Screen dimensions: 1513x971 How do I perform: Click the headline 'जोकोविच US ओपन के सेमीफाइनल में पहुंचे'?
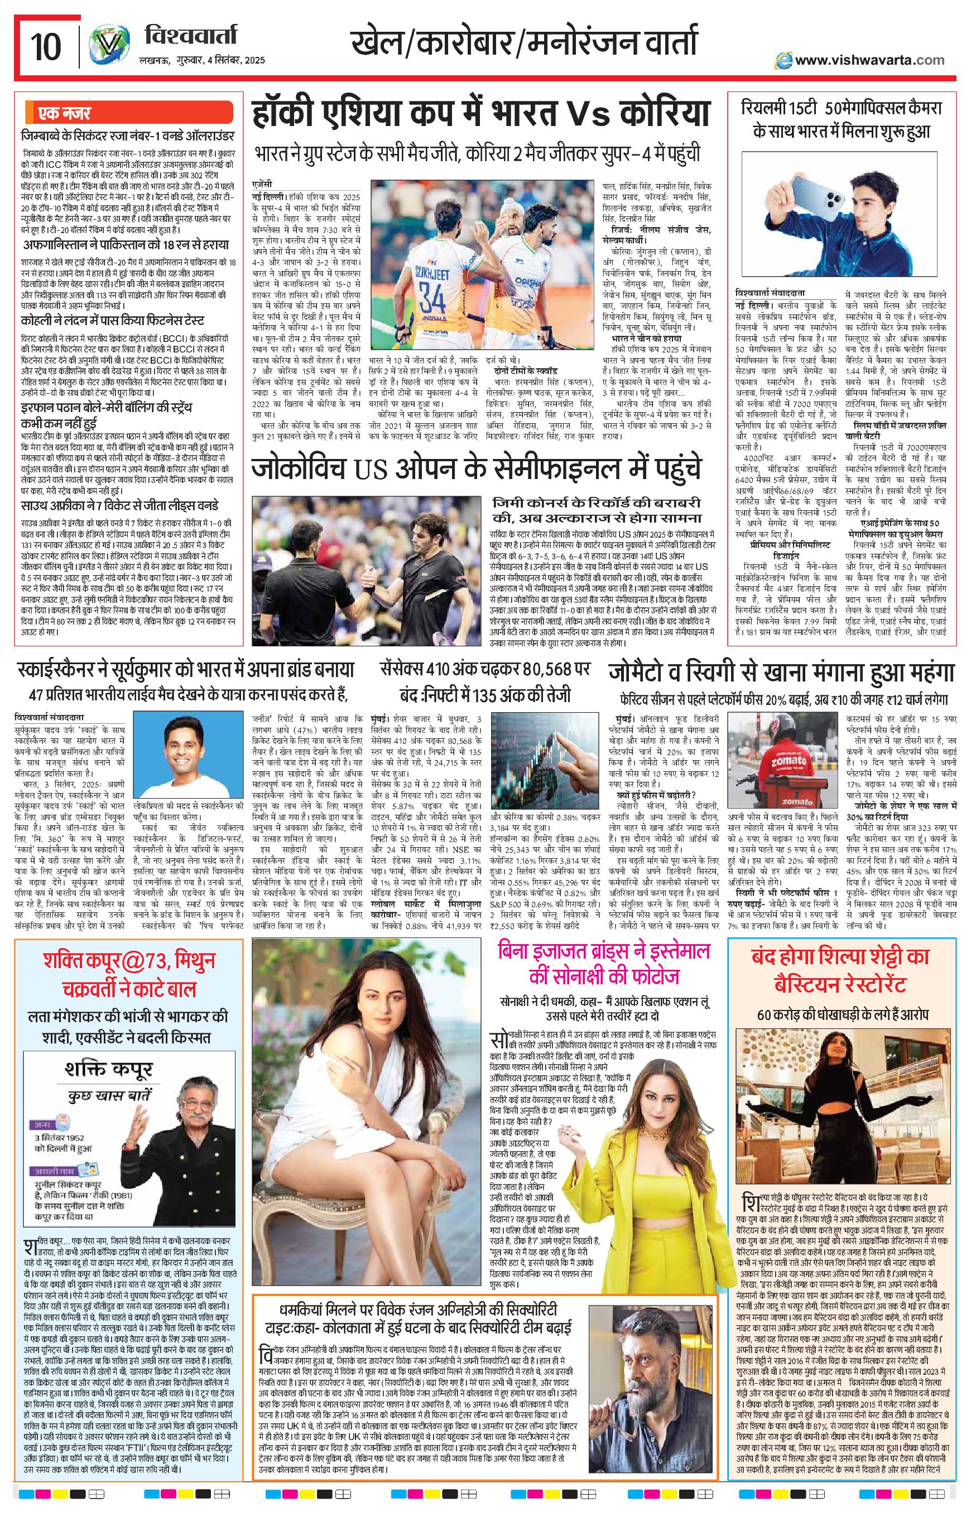coord(476,470)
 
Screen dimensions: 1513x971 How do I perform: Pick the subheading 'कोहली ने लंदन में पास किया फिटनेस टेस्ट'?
coord(112,321)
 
